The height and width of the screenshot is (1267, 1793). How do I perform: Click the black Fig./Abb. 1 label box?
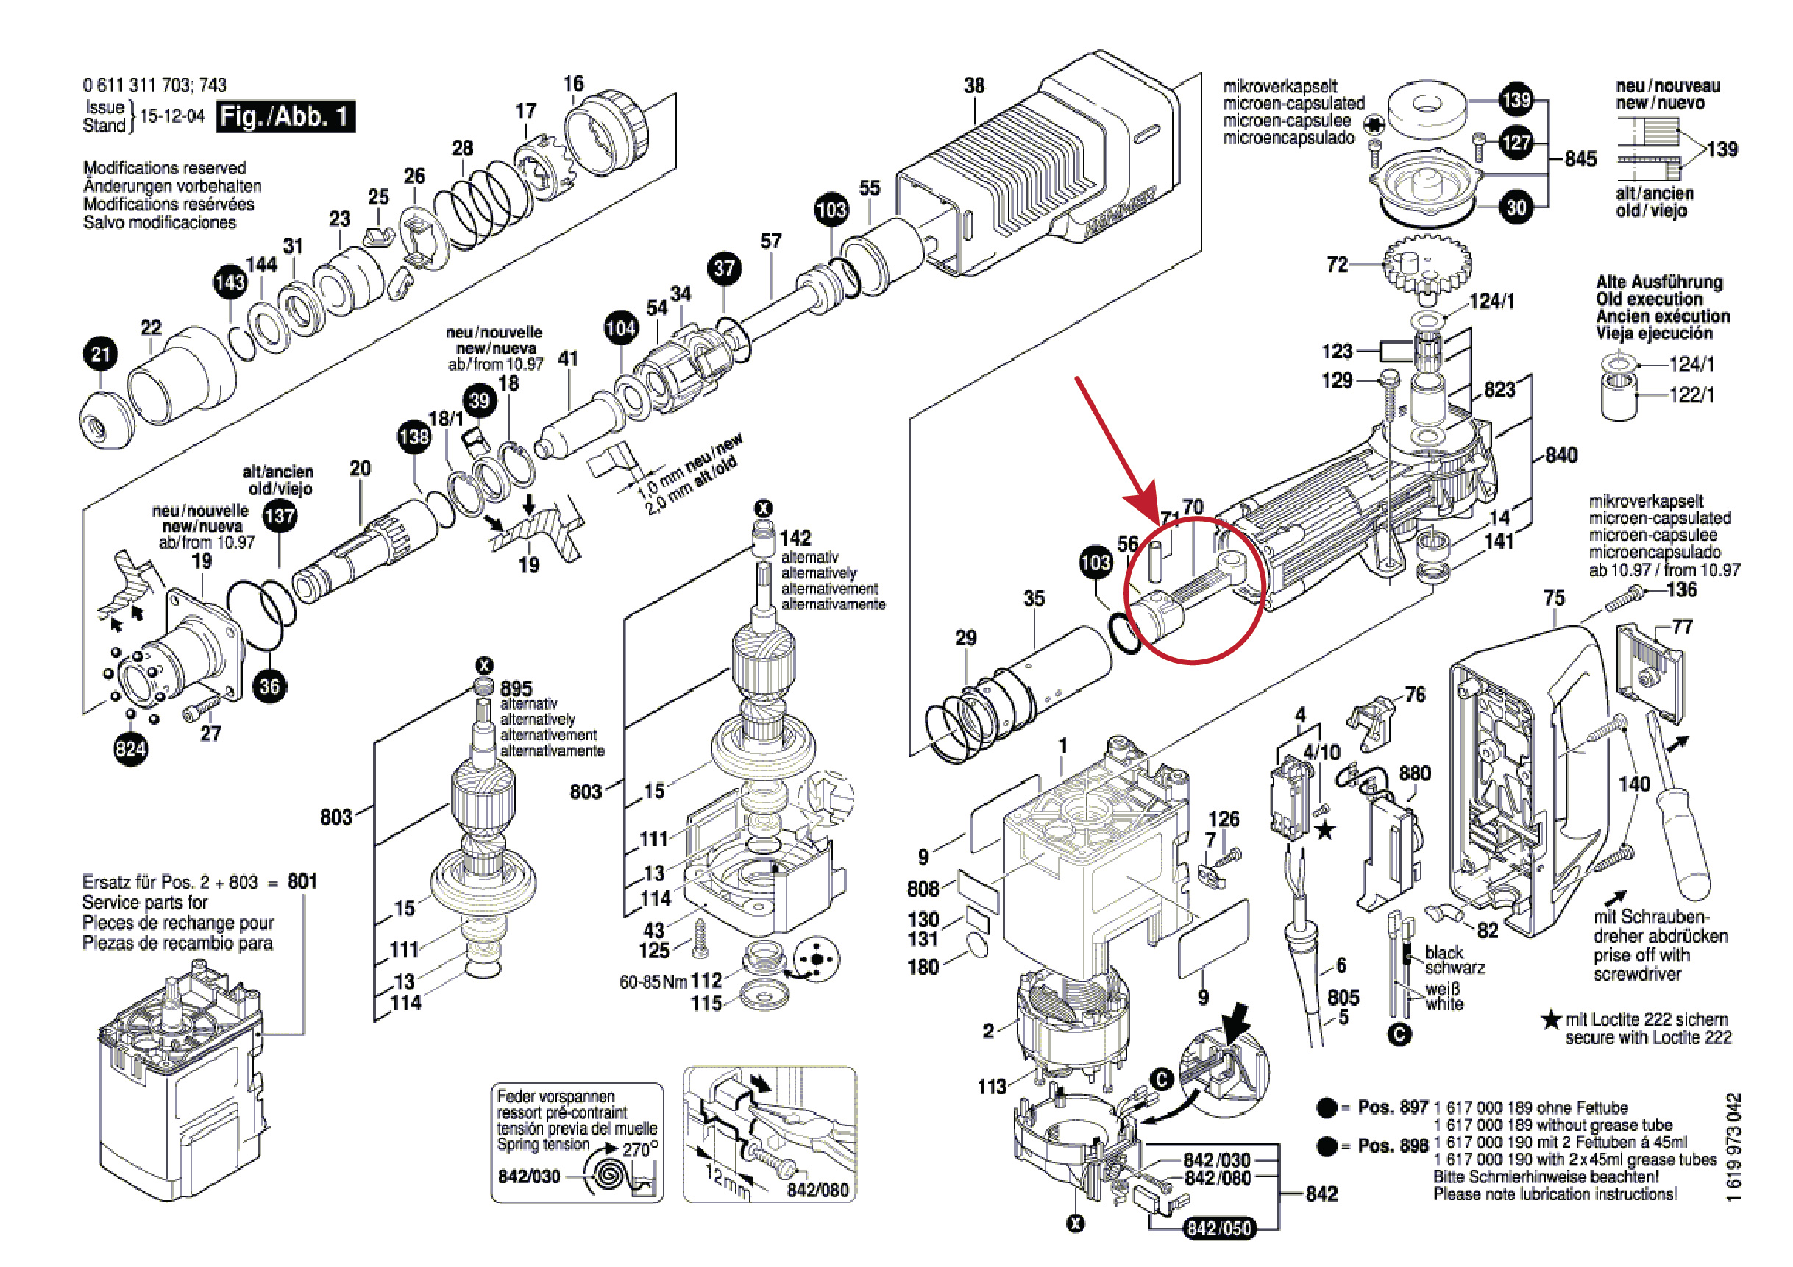click(284, 116)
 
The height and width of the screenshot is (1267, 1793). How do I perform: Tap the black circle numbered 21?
click(100, 355)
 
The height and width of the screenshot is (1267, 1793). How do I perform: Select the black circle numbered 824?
click(130, 748)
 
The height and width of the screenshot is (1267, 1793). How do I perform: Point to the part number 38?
click(974, 85)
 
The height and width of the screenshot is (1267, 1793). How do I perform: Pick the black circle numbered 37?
click(724, 269)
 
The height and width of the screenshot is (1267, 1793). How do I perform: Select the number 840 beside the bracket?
click(1561, 455)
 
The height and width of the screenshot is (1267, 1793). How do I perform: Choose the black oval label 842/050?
click(1218, 1228)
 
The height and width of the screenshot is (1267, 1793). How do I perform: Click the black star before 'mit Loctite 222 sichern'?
click(1551, 1019)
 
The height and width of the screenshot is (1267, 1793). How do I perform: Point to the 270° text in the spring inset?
click(639, 1150)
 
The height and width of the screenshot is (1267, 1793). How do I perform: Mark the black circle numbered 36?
click(269, 686)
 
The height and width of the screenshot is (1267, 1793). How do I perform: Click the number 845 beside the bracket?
click(1580, 159)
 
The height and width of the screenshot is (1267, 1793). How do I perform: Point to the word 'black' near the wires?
click(1444, 952)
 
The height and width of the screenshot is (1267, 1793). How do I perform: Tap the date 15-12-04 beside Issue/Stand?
click(172, 116)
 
